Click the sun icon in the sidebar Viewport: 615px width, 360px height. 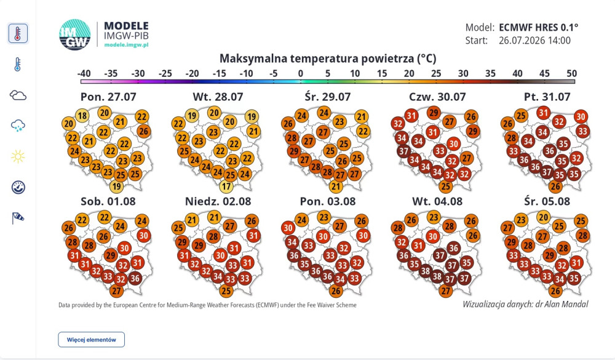pos(18,157)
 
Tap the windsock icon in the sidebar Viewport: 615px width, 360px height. pos(18,218)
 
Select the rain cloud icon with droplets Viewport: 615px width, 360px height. pos(18,126)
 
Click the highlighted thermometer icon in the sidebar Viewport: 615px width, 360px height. pos(18,33)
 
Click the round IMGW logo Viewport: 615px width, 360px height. pos(75,34)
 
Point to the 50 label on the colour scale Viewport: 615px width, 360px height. pos(571,73)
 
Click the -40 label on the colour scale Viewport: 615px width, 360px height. pos(84,73)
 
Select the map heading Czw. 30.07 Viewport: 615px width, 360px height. pos(437,97)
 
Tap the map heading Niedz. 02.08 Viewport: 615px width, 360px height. pos(218,201)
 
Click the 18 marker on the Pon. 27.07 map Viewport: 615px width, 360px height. pos(82,116)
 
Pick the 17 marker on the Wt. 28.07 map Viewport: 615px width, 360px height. pos(226,186)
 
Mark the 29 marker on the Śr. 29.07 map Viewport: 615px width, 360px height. pos(294,151)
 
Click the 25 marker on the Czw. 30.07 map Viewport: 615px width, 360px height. pos(445,186)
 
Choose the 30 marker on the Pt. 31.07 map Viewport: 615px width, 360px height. pos(581,116)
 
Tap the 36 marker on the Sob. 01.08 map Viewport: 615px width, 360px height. pos(135,278)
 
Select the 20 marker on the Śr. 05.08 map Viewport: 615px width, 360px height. pos(543,217)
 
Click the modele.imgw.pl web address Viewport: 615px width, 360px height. pos(126,45)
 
